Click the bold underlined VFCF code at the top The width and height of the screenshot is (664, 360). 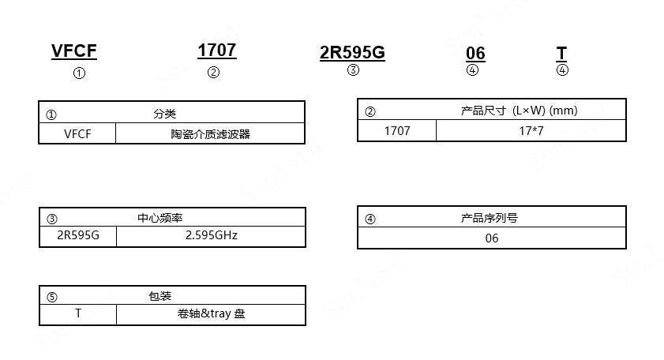(x=74, y=51)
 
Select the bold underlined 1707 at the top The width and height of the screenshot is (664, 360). (x=216, y=51)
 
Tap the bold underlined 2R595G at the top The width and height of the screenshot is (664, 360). (x=352, y=53)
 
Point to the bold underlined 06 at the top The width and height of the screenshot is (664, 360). (x=475, y=54)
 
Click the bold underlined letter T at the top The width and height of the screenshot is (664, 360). (x=561, y=54)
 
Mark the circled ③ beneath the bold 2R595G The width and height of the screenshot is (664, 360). (x=353, y=69)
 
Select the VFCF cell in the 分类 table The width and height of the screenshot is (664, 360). (x=77, y=133)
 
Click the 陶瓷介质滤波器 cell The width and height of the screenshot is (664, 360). (x=210, y=133)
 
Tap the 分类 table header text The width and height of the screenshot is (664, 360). (x=164, y=114)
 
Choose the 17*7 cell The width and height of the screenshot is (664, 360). (x=531, y=130)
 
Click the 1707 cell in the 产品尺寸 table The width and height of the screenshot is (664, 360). (x=397, y=130)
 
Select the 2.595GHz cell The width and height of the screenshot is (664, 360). (x=211, y=236)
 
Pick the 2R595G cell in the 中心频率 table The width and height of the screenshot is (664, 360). (x=77, y=236)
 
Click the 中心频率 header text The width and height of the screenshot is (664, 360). (x=159, y=218)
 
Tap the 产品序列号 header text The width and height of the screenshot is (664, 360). (x=490, y=218)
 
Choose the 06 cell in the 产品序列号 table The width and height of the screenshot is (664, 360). (x=492, y=238)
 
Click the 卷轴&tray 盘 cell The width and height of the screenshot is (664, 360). (x=212, y=314)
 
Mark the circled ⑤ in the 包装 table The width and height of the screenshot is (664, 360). (x=52, y=297)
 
